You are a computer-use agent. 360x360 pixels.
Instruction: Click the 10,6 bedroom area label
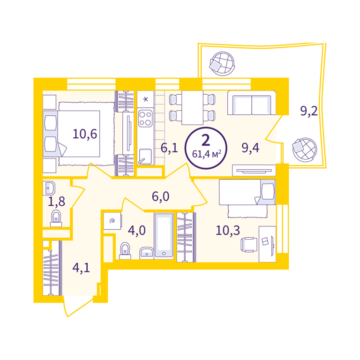point(85,134)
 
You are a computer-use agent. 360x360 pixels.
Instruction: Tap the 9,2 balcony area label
point(309,111)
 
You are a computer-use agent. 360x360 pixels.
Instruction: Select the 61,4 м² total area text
point(207,154)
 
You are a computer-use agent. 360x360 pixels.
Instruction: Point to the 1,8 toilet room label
point(56,202)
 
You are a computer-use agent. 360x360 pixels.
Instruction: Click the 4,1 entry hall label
point(81,268)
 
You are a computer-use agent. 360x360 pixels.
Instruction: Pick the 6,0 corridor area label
point(160,196)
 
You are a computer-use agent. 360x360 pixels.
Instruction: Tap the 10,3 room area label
point(228,230)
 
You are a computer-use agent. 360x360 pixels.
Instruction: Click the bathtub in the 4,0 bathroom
point(164,236)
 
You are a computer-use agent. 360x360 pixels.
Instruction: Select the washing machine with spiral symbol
point(112,221)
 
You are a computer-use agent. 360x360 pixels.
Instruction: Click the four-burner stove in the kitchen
point(145,118)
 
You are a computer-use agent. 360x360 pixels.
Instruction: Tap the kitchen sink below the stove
point(145,157)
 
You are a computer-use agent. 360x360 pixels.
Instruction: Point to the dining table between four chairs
point(192,108)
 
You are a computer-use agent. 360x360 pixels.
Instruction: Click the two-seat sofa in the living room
point(252,103)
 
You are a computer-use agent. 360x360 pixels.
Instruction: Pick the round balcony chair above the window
point(222,64)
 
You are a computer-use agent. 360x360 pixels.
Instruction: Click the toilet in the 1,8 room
point(56,218)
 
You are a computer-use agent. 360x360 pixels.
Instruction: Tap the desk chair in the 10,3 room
point(249,245)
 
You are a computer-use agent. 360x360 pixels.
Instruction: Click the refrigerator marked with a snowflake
point(145,99)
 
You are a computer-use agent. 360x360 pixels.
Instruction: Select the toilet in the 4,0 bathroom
point(125,251)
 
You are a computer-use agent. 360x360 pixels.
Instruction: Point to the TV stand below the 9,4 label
point(254,170)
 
